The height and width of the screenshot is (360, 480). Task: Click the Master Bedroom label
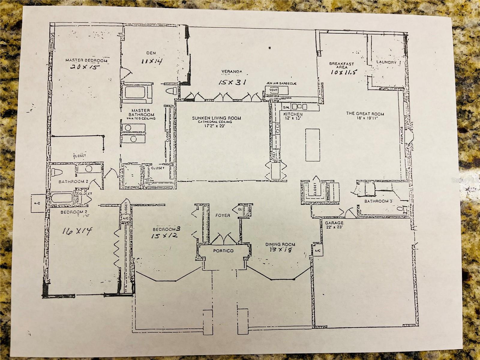coord(86,60)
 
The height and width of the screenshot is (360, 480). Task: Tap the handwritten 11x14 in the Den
coord(151,61)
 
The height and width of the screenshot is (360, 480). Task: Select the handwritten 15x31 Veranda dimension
coord(232,82)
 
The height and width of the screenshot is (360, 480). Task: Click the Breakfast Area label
coord(341,65)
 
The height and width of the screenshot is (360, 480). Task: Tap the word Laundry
coord(386,63)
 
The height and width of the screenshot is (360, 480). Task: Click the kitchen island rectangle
coord(312,144)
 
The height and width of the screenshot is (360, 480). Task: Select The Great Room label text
coord(365,114)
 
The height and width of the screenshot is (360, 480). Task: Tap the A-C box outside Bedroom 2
coord(38,203)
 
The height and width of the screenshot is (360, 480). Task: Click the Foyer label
coord(223,215)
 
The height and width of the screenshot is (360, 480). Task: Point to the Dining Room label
coord(280,244)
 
